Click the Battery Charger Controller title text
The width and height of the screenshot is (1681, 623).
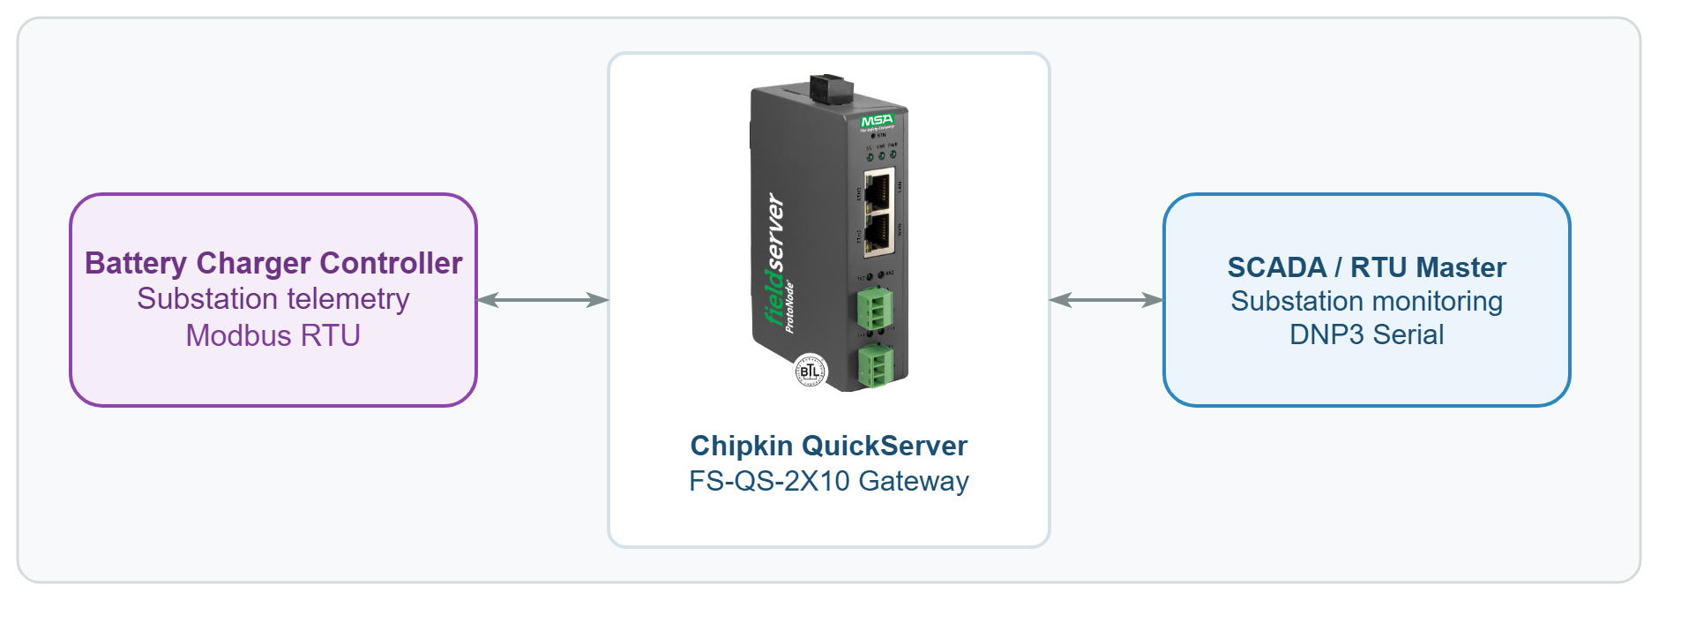coord(273,263)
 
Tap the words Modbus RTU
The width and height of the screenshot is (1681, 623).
coord(273,335)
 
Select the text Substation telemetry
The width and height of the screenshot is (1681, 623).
coord(273,299)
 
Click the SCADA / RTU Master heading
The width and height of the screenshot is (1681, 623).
coord(1366,266)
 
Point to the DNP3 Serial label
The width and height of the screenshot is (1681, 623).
coord(1366,334)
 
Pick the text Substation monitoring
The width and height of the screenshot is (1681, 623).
coord(1366,301)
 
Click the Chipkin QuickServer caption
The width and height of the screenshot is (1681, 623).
coord(828,446)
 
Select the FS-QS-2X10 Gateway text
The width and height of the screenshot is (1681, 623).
coord(828,481)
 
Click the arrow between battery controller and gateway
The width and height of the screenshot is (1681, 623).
coord(542,300)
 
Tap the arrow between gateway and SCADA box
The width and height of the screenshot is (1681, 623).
coord(1106,300)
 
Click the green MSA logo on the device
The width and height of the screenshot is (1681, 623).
coord(877,120)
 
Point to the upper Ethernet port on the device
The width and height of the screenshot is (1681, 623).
coord(878,191)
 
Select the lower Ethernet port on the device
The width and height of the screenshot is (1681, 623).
coord(878,231)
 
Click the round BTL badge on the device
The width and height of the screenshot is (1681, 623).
coord(811,372)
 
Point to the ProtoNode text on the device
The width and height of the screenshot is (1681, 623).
coord(789,307)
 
